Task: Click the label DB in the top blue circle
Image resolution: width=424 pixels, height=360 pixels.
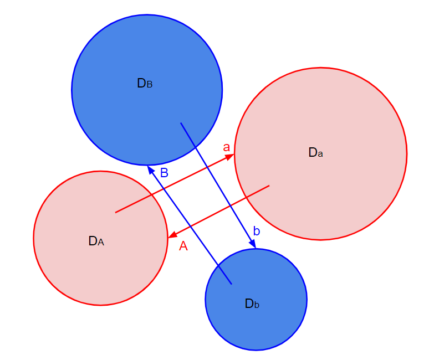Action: [x=145, y=83]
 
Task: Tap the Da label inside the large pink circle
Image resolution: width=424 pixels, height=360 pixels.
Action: [x=315, y=152]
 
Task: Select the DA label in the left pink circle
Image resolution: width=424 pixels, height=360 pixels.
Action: [x=96, y=241]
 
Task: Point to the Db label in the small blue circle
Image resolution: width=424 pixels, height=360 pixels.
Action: [x=252, y=304]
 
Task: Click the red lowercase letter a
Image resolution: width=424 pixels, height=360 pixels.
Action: [x=226, y=147]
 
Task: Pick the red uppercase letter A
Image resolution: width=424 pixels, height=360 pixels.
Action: [x=183, y=246]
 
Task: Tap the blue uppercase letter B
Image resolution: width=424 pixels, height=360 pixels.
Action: [x=164, y=173]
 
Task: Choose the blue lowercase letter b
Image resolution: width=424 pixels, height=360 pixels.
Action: [x=257, y=231]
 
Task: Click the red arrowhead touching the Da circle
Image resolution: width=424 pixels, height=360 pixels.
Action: [x=230, y=157]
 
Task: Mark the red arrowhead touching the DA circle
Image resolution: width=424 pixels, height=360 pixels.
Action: [x=172, y=235]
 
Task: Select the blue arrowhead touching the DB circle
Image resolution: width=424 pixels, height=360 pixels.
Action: [x=151, y=169]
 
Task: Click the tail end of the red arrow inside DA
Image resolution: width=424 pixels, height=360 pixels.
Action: [x=115, y=213]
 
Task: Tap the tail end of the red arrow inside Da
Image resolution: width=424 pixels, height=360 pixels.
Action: [x=269, y=186]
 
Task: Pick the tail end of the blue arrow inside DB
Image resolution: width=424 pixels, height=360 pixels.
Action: [x=181, y=123]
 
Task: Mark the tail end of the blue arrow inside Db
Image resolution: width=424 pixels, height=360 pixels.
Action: [x=232, y=284]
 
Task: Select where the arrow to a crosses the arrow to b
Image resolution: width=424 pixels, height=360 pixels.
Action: [x=207, y=168]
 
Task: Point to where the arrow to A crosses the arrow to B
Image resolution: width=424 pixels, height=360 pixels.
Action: [x=191, y=226]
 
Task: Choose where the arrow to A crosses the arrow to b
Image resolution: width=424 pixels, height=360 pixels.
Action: [x=231, y=205]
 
